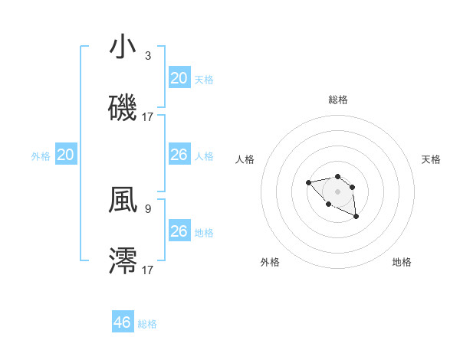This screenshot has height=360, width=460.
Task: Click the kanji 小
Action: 123,47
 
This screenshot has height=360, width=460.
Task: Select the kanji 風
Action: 123,200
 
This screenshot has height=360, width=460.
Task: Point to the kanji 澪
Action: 123,260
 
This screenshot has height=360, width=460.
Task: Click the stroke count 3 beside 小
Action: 148,56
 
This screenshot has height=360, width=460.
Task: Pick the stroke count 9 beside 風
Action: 148,208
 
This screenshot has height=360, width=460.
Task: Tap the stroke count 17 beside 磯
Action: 148,116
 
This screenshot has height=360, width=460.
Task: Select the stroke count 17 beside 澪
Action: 148,270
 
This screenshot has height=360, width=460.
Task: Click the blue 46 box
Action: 123,322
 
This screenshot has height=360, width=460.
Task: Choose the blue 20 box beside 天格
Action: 179,78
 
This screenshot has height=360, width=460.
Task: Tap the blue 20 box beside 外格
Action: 66,155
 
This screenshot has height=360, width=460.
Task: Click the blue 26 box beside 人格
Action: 179,155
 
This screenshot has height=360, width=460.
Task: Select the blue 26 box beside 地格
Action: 179,231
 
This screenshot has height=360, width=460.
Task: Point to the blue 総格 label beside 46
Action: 147,324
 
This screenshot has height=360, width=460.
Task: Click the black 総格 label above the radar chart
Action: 337,100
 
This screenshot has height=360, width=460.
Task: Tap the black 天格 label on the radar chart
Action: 431,159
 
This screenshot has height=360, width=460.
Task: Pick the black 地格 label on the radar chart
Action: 402,262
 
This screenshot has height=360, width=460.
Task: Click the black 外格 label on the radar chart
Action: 270,262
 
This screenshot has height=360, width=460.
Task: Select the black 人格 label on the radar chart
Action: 245,159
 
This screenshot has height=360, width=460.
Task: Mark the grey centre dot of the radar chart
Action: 337,191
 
